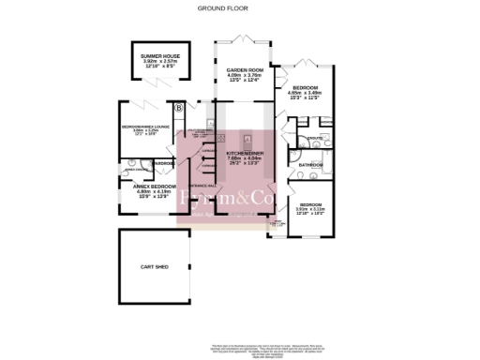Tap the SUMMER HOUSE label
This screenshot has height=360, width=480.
click(x=158, y=57)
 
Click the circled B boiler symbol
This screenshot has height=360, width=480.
click(x=178, y=108)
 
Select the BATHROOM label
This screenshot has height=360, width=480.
click(x=310, y=165)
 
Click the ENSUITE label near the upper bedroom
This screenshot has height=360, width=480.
click(x=315, y=139)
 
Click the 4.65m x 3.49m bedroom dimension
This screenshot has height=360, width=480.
click(x=310, y=93)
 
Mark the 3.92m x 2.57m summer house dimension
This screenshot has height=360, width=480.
click(x=158, y=63)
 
